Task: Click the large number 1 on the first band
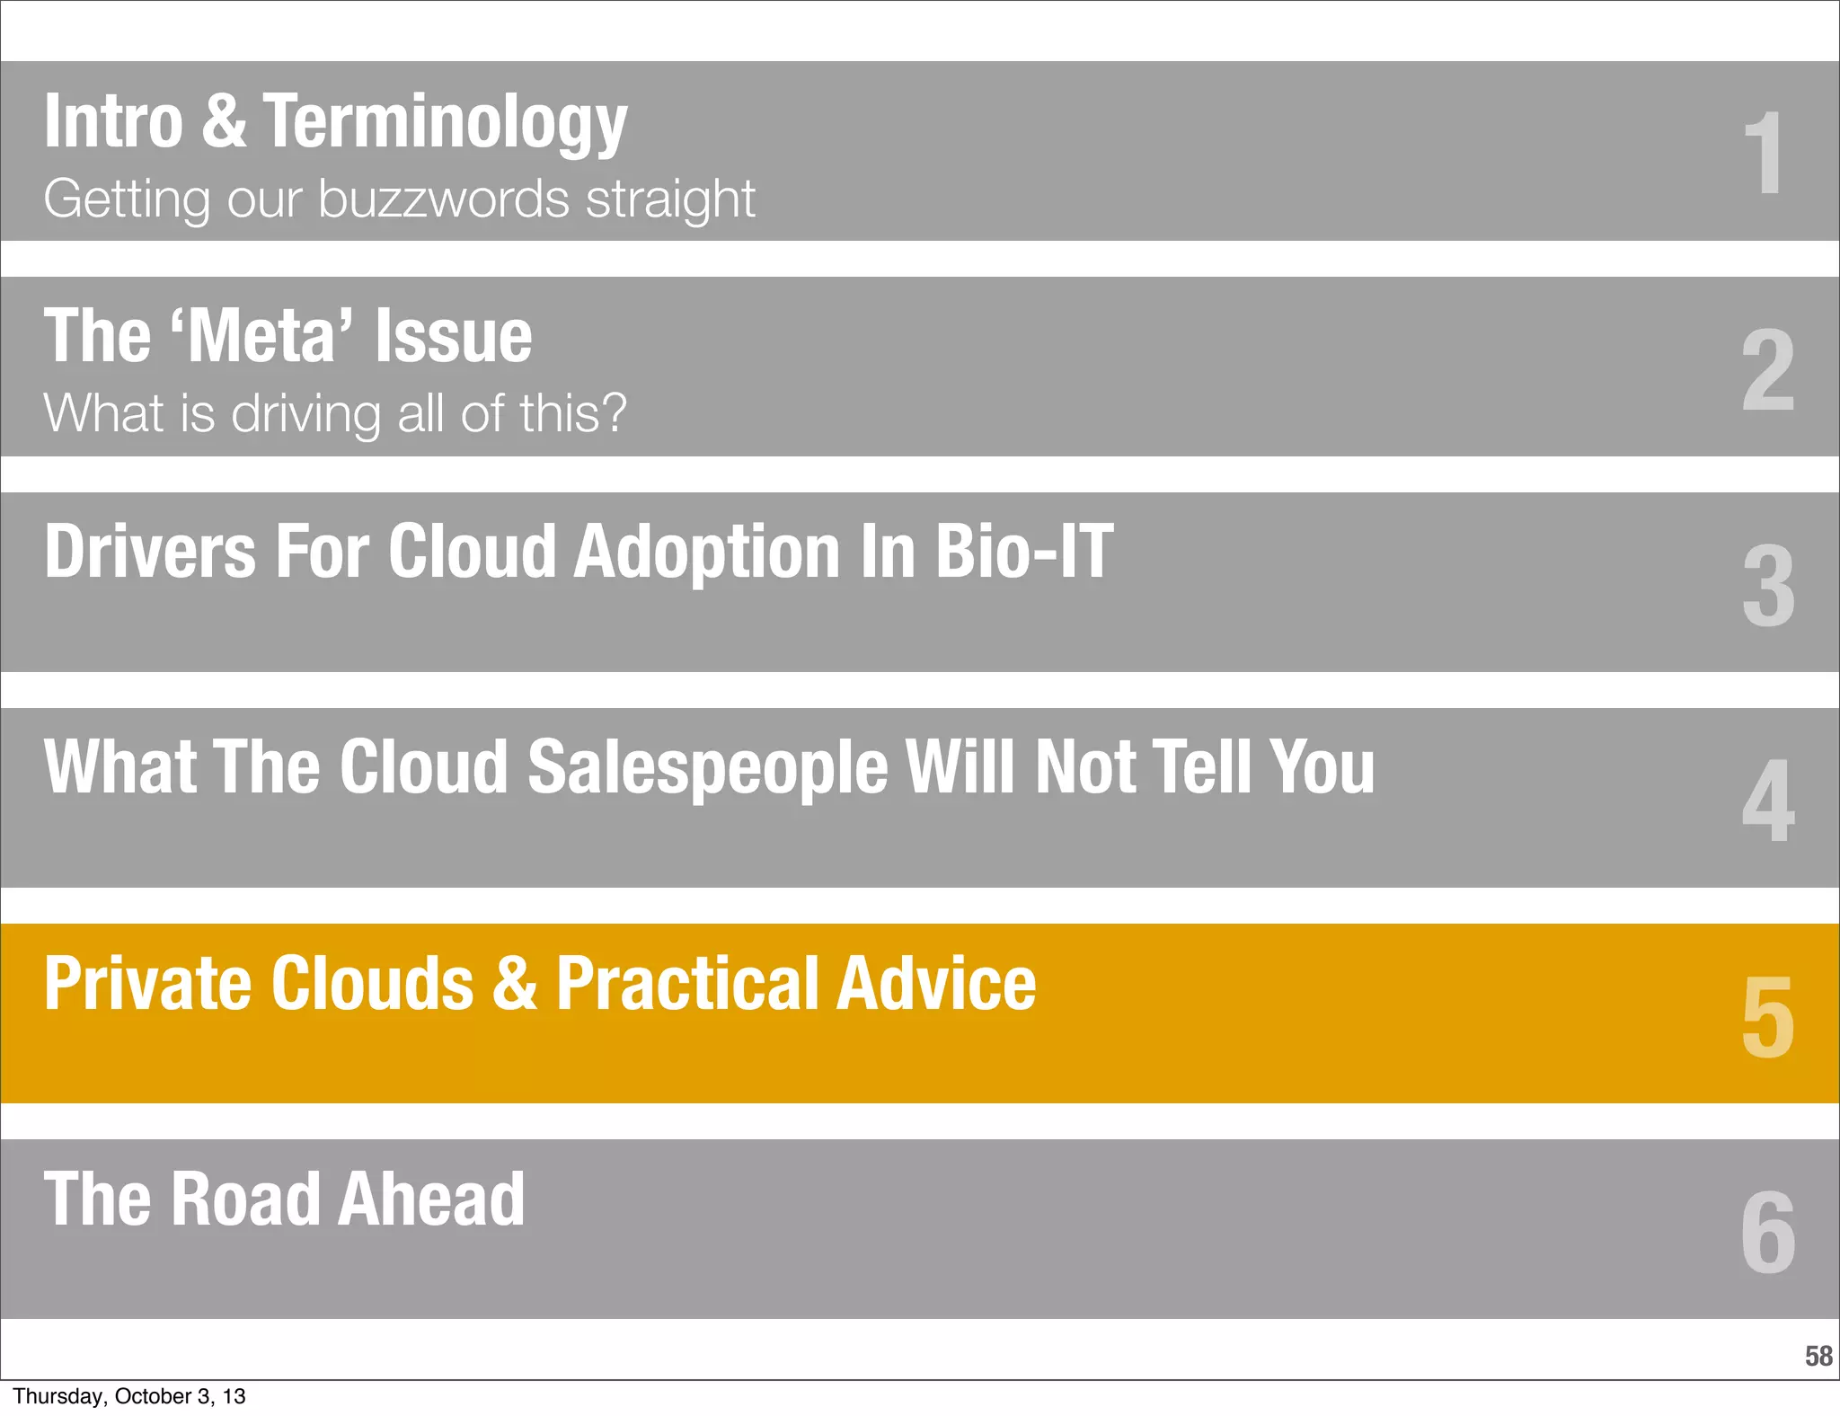click(x=1764, y=153)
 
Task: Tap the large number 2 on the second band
click(x=1767, y=368)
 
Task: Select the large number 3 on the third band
click(x=1768, y=585)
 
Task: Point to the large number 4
click(x=1768, y=800)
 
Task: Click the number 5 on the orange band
click(x=1768, y=1016)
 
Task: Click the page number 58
click(x=1818, y=1355)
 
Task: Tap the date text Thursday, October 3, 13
click(x=129, y=1396)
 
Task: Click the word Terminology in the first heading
click(x=445, y=122)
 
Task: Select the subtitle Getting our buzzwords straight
click(x=399, y=199)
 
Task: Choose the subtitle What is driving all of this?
click(x=334, y=413)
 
